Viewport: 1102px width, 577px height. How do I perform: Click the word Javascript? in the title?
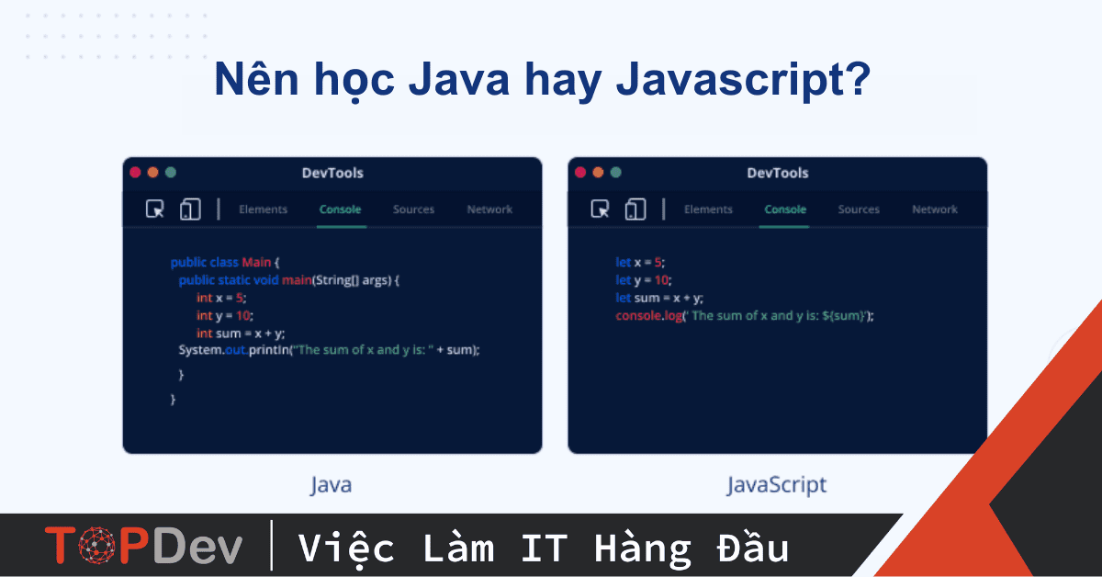pos(743,80)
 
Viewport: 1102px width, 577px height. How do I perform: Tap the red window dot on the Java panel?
pos(135,173)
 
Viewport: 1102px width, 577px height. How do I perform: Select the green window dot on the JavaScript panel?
pos(616,173)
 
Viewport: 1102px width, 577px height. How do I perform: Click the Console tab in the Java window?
pos(340,209)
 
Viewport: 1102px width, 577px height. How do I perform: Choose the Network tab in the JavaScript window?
pos(935,209)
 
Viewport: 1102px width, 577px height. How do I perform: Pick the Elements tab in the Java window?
pos(264,209)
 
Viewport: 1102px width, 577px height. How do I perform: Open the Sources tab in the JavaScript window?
pos(859,209)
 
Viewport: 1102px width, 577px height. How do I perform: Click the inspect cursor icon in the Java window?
pos(155,209)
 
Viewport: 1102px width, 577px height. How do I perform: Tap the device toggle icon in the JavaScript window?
pos(635,209)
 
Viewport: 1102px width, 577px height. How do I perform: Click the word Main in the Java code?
pos(256,262)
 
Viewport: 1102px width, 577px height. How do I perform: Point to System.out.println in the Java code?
pos(233,350)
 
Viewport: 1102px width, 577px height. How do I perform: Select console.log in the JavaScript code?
pos(649,315)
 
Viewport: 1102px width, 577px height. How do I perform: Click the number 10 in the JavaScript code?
pos(661,280)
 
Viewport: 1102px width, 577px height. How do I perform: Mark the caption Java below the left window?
pos(332,485)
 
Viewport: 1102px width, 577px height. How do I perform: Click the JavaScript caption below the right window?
pos(777,485)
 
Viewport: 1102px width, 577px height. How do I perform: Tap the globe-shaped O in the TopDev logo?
pos(97,546)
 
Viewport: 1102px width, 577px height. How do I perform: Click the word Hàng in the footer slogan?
pos(643,548)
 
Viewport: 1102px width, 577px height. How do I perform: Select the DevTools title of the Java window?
pos(332,173)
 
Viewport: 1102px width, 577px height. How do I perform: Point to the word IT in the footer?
pos(544,548)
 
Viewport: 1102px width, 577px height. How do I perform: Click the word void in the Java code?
pos(266,280)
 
